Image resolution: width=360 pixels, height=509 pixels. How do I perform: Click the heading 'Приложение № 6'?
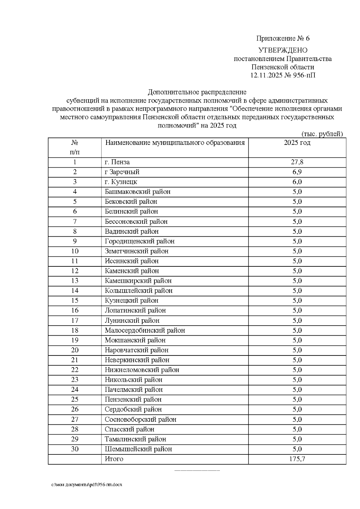coord(283,38)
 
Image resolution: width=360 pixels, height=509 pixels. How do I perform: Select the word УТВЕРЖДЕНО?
coord(283,50)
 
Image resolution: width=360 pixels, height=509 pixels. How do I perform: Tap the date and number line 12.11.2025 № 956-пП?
coord(283,75)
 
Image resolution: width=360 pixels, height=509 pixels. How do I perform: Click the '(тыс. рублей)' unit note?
coord(322,134)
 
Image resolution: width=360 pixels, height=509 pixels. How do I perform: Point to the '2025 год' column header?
coord(297,143)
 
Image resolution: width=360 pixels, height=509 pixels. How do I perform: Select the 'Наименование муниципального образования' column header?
coord(175,143)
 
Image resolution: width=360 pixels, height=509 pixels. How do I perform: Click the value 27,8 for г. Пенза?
coord(297,162)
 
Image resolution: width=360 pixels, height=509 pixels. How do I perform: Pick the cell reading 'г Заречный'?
coord(122,172)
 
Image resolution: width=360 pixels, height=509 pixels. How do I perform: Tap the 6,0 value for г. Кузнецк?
coord(297,182)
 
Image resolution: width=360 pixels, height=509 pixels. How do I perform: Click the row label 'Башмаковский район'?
coord(138,192)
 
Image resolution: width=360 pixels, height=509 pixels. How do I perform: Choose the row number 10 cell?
coord(75,251)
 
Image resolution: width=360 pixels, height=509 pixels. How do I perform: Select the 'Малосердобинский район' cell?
coord(145,331)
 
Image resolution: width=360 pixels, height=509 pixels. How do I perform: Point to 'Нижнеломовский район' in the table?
coord(142,370)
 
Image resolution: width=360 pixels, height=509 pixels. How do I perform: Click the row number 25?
coord(75,400)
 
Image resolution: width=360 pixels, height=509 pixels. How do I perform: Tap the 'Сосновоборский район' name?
coord(140,419)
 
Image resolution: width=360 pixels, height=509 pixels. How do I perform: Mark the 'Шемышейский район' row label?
coord(138,449)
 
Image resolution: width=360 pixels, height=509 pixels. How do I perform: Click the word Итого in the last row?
coord(114,459)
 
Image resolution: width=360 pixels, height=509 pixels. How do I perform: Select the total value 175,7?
coord(297,459)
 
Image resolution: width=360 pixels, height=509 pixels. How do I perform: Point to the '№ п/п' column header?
coord(75,147)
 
